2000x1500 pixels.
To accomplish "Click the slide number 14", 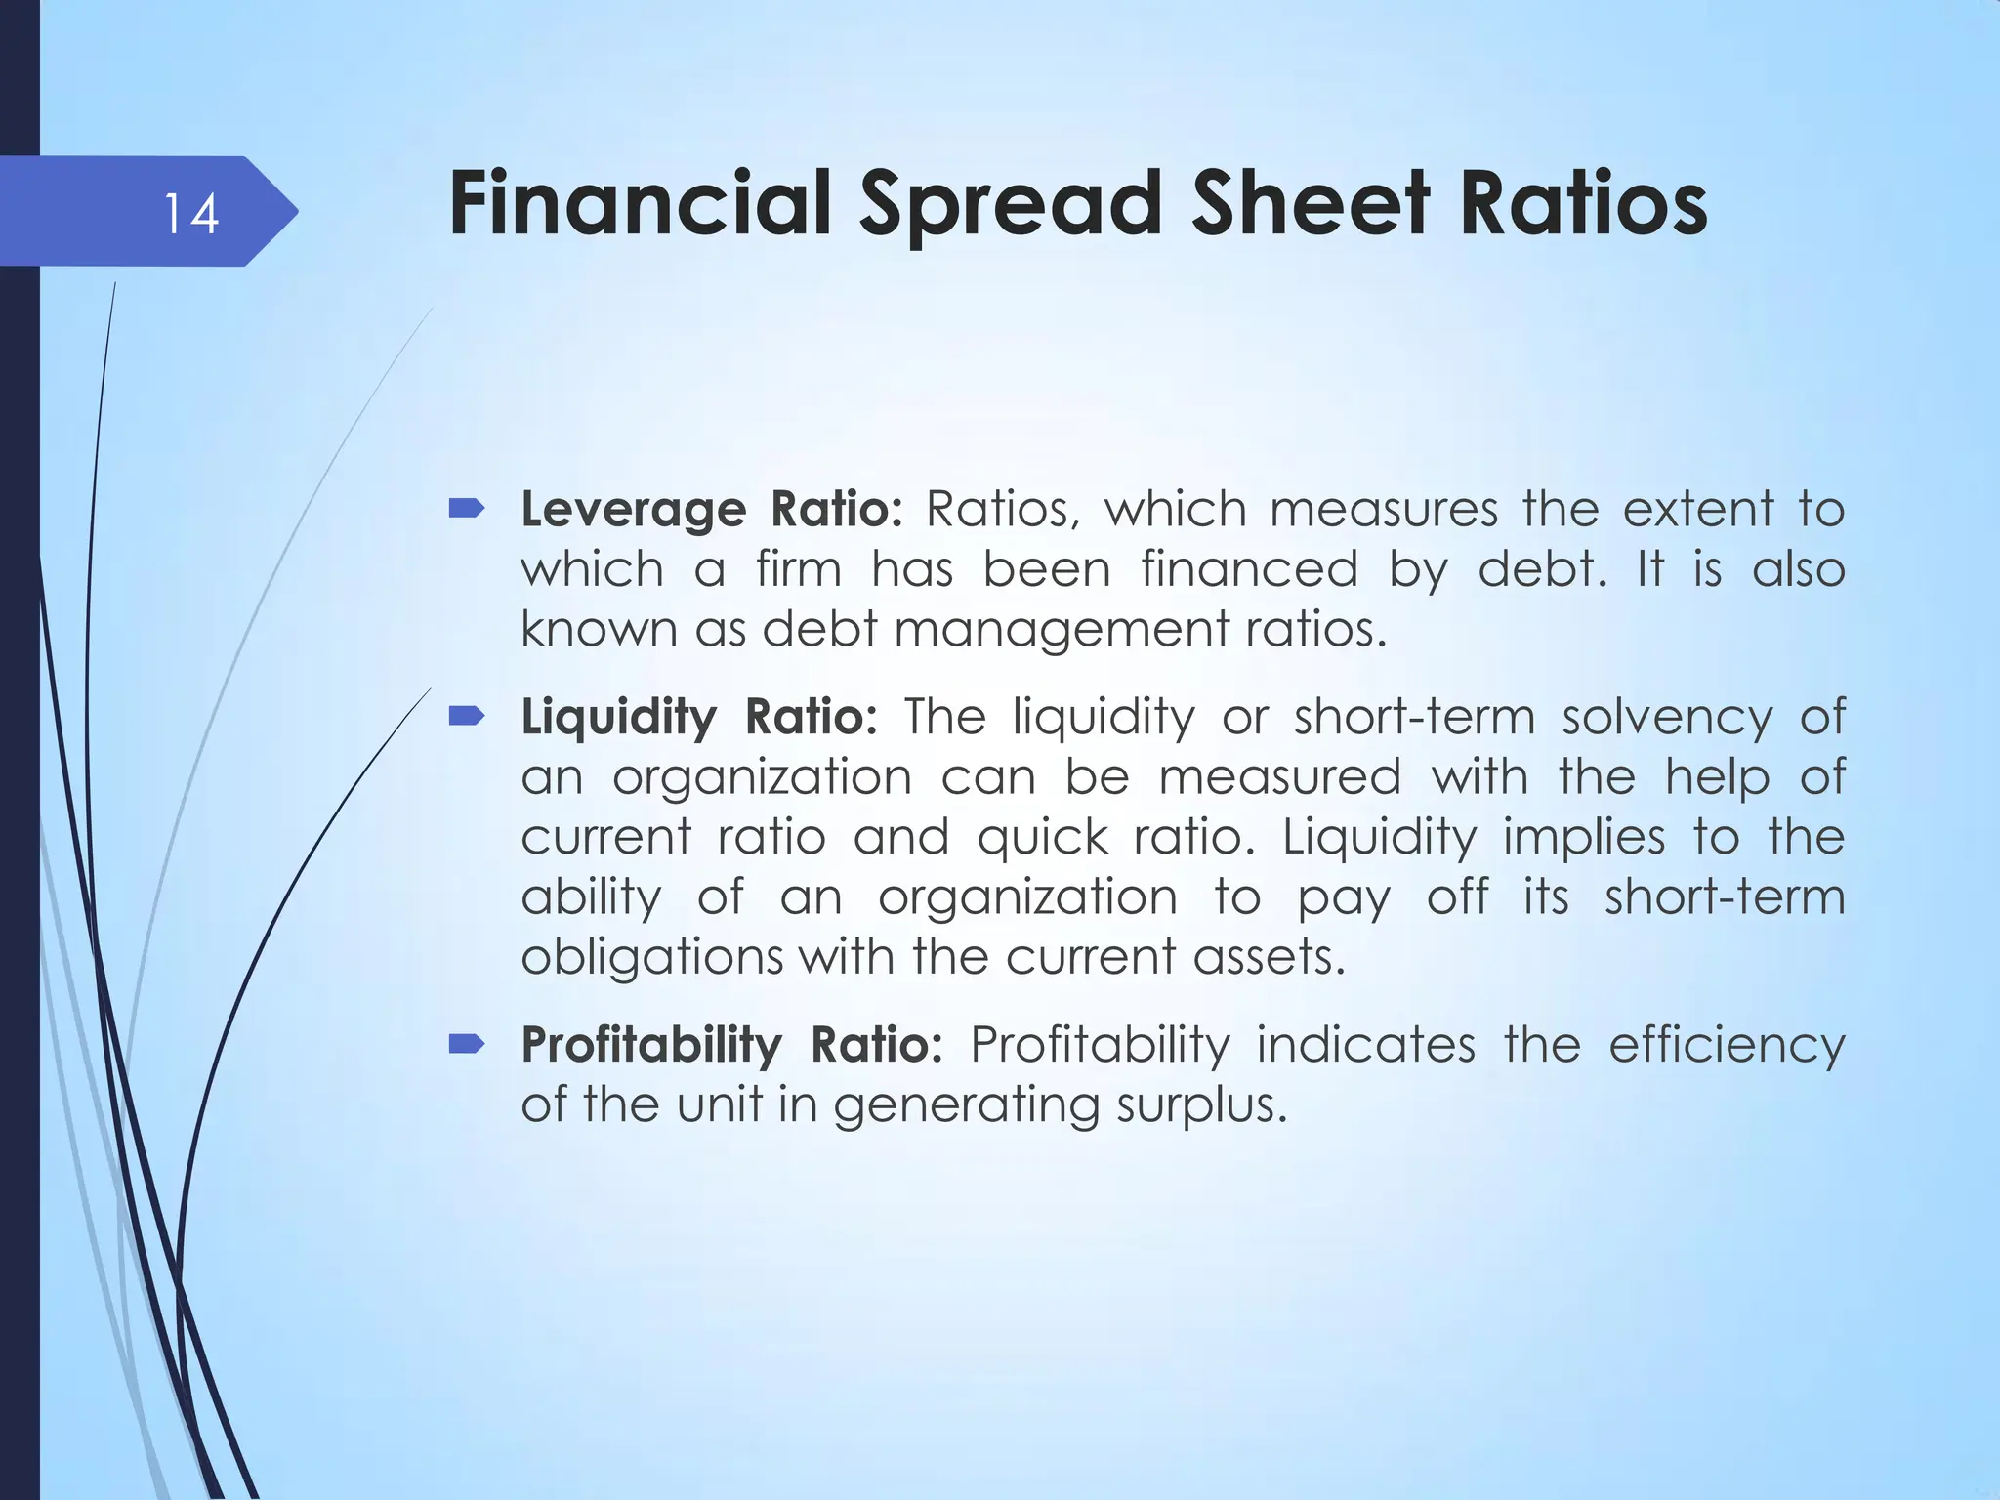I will tap(190, 214).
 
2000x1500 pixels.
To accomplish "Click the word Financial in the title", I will tap(640, 204).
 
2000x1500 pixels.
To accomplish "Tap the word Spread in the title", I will tap(1012, 204).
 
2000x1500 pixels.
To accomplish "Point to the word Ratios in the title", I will tap(1583, 204).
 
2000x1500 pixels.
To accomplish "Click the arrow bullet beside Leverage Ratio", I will tap(467, 508).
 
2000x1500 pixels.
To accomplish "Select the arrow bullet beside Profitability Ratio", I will tap(467, 1045).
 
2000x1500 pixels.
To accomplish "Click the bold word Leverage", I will tap(634, 510).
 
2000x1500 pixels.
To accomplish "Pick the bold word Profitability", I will tap(651, 1045).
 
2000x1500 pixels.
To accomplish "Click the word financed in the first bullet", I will tap(1249, 569).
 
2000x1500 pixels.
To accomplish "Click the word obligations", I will tap(651, 957).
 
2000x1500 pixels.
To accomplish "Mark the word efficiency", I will tap(1727, 1046).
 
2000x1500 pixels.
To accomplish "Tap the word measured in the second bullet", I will tap(1279, 778).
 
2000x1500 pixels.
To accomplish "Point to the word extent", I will tap(1698, 510).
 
